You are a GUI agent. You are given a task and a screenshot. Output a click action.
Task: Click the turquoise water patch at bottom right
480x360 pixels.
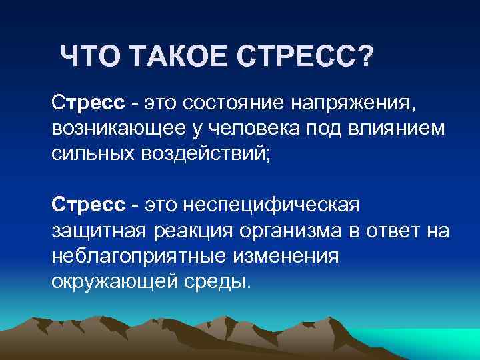[x=440, y=343]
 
